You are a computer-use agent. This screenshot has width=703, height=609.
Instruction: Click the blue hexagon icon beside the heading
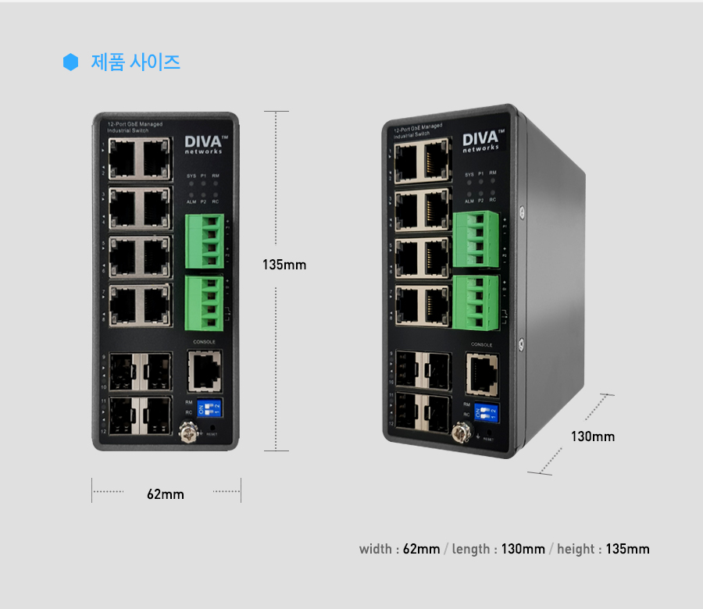pos(71,62)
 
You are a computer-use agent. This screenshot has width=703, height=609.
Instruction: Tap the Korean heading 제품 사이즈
pos(136,62)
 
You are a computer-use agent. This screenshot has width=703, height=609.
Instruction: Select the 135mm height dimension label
pos(284,265)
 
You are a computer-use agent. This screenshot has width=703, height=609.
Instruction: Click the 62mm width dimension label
pos(166,494)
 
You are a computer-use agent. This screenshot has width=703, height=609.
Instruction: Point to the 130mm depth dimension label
pos(593,436)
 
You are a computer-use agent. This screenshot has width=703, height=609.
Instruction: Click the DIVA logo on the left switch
pos(205,144)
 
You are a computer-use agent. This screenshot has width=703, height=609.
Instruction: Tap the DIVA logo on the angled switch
pos(480,141)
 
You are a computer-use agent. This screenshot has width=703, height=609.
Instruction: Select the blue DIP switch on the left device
pos(210,408)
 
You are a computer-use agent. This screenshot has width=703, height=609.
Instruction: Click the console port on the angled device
pos(482,373)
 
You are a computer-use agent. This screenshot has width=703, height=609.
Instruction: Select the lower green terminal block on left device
pos(204,302)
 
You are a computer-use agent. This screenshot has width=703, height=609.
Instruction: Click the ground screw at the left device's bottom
pos(187,430)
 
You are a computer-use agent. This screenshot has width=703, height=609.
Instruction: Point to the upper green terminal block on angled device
pos(476,240)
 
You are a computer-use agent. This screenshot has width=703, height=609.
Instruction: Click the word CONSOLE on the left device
pos(205,343)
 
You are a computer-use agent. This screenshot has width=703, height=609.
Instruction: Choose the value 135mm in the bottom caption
pos(627,549)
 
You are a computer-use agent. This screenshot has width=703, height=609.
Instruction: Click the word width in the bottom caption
pos(376,549)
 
